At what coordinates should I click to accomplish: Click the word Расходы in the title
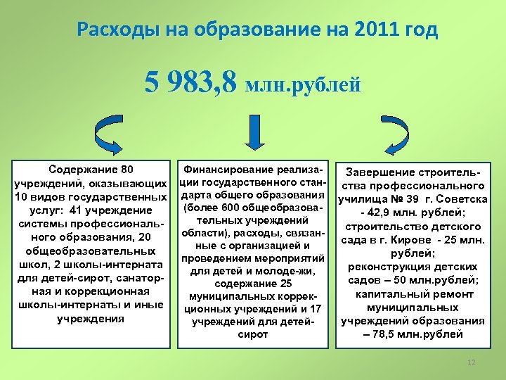115,31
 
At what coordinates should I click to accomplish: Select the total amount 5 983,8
191,83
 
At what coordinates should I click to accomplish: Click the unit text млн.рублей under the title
304,85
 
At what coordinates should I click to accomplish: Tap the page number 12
472,362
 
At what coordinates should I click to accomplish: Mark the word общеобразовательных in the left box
89,251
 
